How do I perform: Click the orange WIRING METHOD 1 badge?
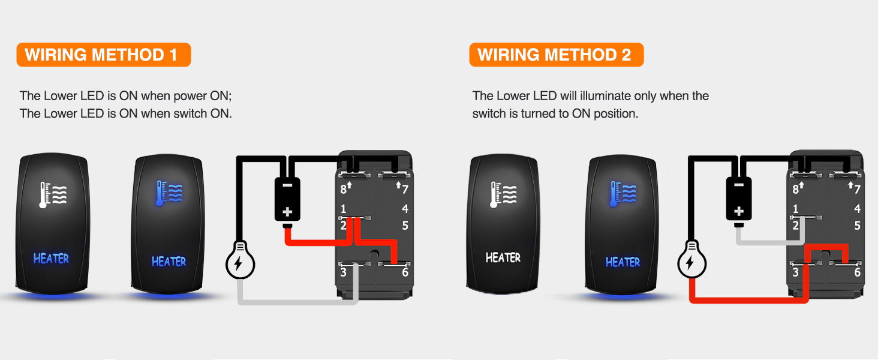coord(103,55)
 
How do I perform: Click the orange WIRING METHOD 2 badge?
coord(555,55)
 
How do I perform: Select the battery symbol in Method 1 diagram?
coord(287,199)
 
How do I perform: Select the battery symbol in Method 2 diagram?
coord(739,199)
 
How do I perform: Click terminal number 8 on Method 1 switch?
coord(344,189)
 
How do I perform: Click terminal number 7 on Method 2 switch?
coord(857,189)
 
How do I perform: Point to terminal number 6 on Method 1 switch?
coord(405,272)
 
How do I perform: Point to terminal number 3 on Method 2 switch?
coord(795,272)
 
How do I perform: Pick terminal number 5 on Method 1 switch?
coord(405,226)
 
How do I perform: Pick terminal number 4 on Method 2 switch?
coord(857,209)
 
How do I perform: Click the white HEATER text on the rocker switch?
coord(503,257)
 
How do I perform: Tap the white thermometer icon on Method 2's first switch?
coord(503,194)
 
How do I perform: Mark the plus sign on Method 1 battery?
coord(287,212)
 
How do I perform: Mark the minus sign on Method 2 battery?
coord(739,186)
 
